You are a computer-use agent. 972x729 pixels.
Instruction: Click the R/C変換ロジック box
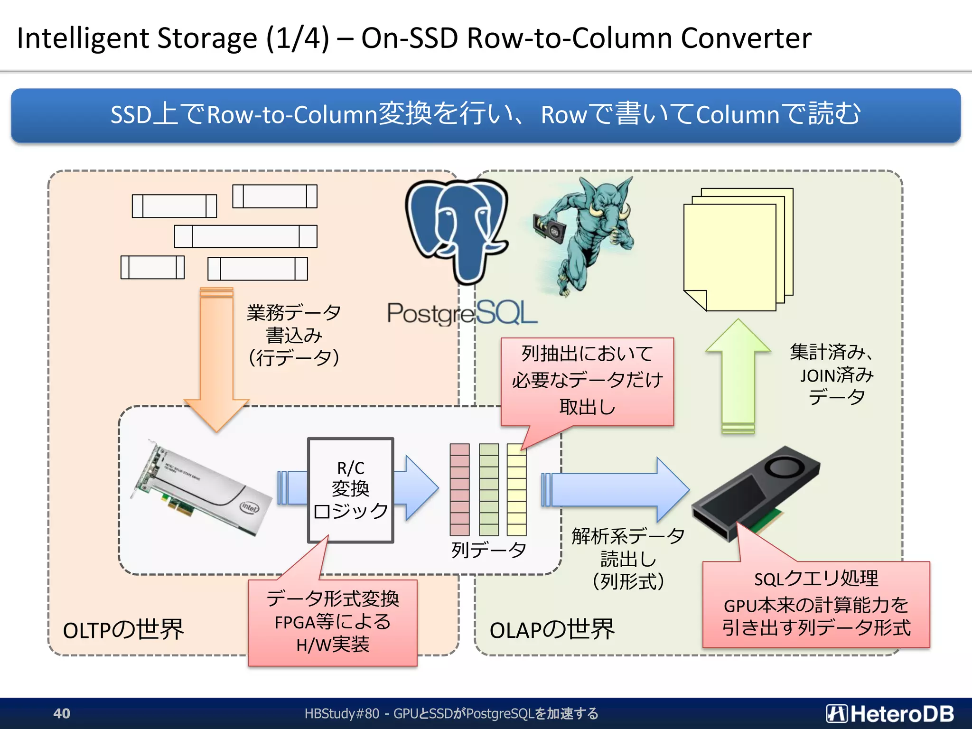pyautogui.click(x=350, y=490)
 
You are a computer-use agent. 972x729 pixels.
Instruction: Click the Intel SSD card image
pyautogui.click(x=202, y=489)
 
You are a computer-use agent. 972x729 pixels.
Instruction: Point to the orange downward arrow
pyautogui.click(x=216, y=356)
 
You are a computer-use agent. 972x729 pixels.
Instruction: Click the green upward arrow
pyautogui.click(x=738, y=375)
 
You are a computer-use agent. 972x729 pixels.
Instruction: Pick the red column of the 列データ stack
pyautogui.click(x=459, y=489)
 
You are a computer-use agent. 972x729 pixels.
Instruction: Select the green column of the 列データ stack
pyautogui.click(x=489, y=489)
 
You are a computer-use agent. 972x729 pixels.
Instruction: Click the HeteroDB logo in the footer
pyautogui.click(x=889, y=713)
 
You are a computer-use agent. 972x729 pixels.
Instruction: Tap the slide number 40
pyautogui.click(x=62, y=713)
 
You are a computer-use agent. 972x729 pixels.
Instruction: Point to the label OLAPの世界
pyautogui.click(x=552, y=630)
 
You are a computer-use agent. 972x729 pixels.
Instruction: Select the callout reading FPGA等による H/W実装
pyautogui.click(x=332, y=622)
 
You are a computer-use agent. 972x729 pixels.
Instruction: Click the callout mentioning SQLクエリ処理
pyautogui.click(x=816, y=604)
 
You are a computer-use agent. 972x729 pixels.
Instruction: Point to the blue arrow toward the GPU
pyautogui.click(x=617, y=489)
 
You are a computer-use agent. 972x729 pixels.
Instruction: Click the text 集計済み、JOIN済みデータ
pyautogui.click(x=835, y=375)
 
